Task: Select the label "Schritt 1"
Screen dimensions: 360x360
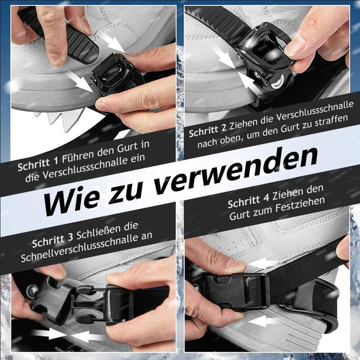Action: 38,163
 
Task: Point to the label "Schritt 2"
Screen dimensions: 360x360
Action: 207,129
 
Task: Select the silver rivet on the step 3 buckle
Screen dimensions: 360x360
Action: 32,291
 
